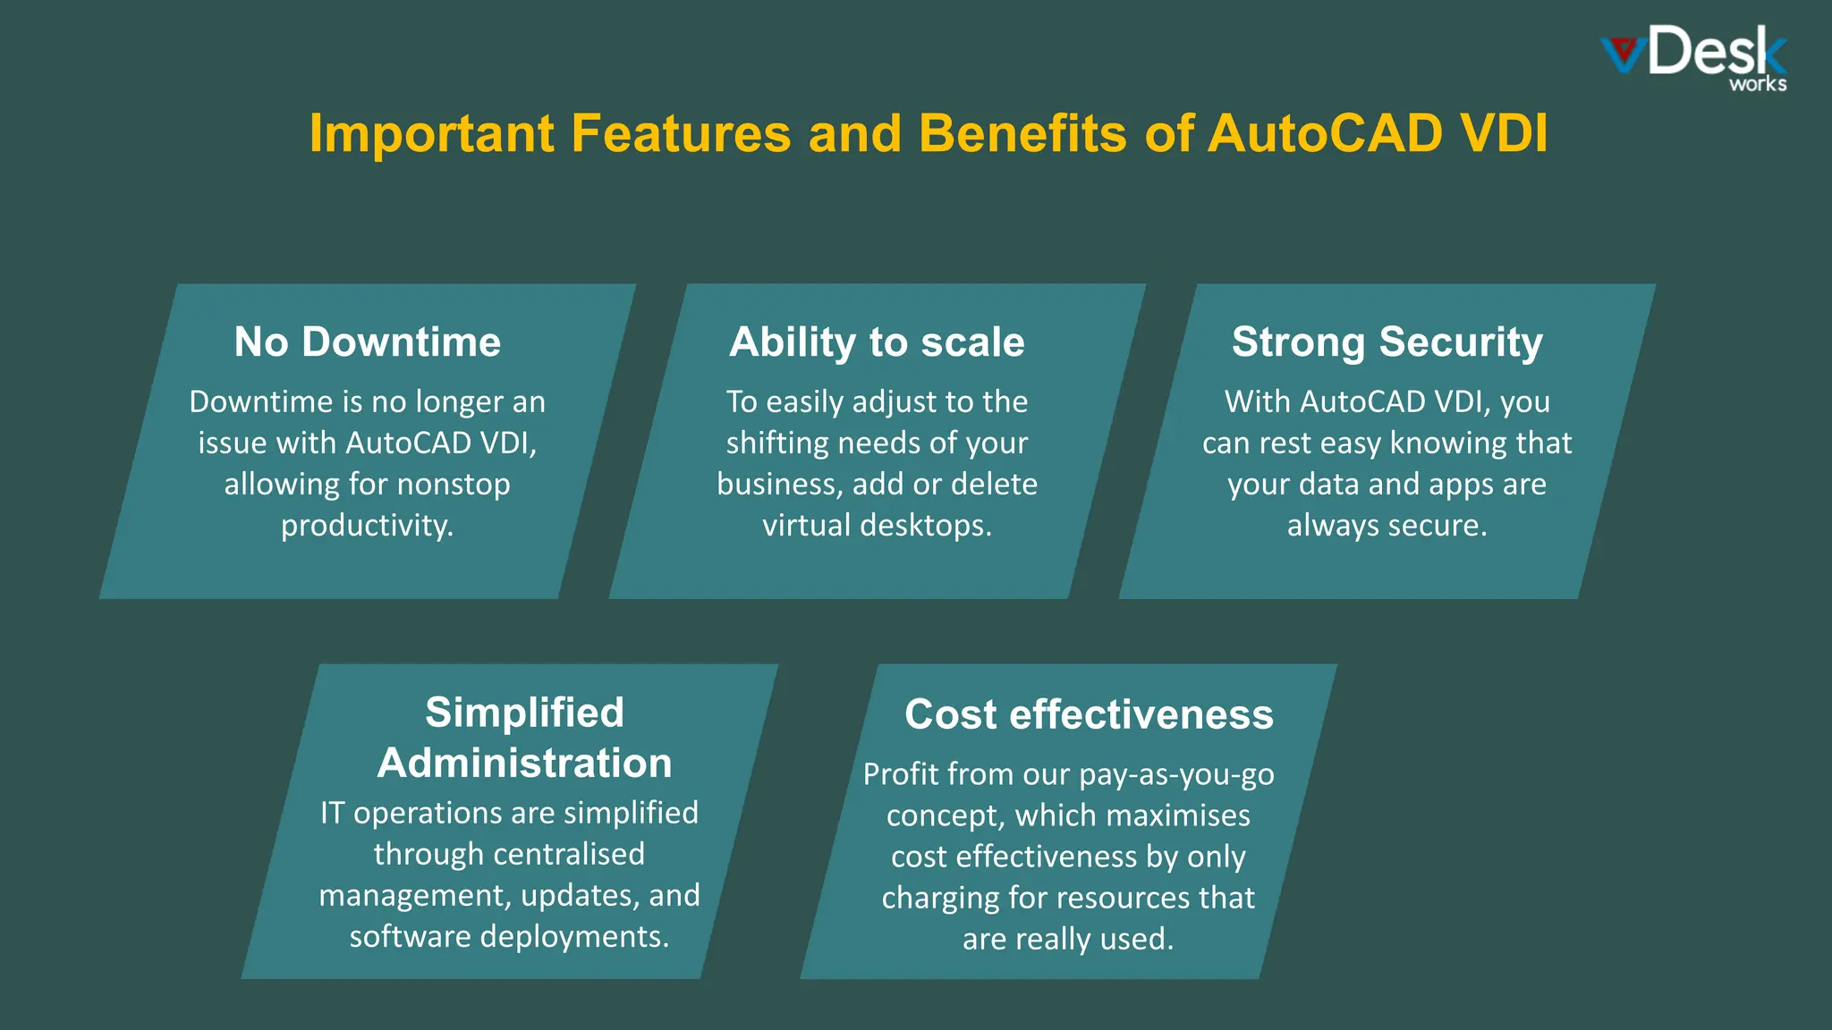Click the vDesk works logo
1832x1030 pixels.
[1694, 58]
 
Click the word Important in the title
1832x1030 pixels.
[431, 134]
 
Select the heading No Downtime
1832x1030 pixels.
[368, 342]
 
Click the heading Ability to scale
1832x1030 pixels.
[877, 342]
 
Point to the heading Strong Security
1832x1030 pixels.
[1387, 342]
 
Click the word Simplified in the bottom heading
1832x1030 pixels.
[524, 713]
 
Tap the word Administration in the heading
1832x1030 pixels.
[524, 763]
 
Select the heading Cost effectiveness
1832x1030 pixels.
[1089, 714]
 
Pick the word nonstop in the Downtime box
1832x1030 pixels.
[453, 484]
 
